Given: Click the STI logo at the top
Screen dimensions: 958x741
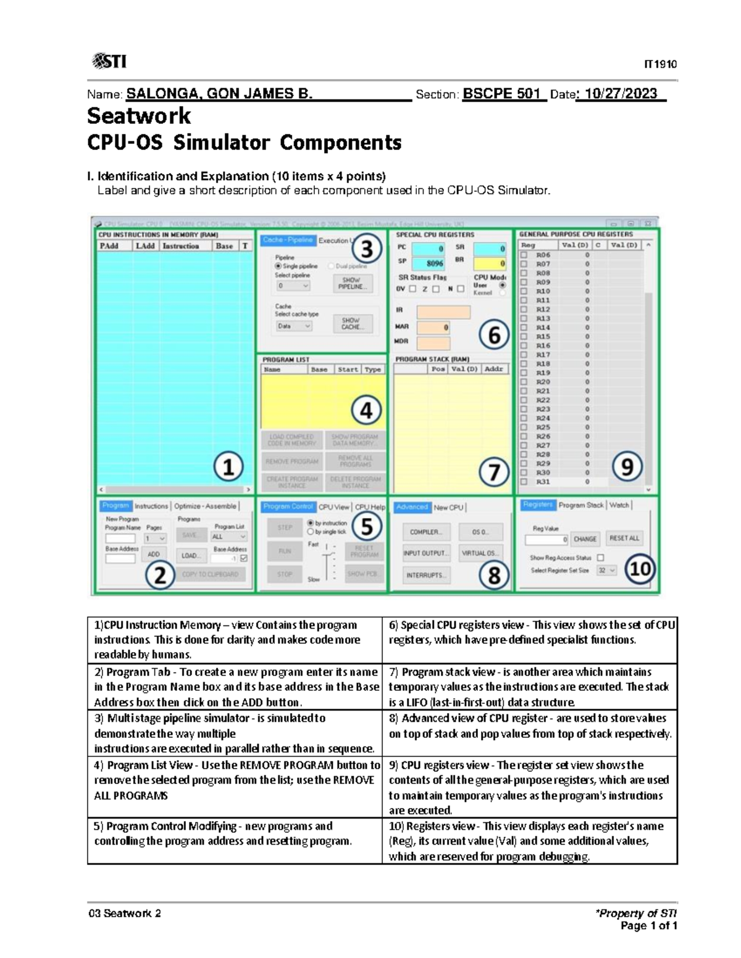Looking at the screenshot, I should coord(109,61).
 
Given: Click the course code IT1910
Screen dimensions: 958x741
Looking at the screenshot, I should coord(660,64).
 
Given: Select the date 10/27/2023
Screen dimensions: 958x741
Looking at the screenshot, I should coord(621,94).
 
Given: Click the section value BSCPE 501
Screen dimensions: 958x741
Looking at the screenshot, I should coord(501,94).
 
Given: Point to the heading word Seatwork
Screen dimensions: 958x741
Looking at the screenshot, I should coord(139,116).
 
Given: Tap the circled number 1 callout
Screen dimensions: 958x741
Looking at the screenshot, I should coord(228,467).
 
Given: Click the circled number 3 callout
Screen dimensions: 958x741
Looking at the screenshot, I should coord(367,249).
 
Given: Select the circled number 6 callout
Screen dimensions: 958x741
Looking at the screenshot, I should coord(494,335).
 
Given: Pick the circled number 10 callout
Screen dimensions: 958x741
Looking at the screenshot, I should coord(640,568).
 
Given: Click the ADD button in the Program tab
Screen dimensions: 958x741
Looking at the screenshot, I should coord(153,555).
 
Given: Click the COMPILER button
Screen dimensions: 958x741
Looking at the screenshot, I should coord(425,532).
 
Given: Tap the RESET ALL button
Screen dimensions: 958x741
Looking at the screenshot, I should coord(624,539).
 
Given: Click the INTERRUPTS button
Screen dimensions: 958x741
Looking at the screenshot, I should coord(425,575).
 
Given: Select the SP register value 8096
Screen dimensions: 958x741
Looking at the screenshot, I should coord(434,263).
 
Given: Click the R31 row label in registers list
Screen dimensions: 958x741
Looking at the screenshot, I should coord(543,482).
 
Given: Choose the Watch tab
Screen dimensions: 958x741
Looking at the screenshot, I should coord(619,505).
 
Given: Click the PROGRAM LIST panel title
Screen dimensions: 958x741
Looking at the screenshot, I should coord(286,360).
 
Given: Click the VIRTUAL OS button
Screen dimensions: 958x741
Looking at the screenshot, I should coord(480,553).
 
